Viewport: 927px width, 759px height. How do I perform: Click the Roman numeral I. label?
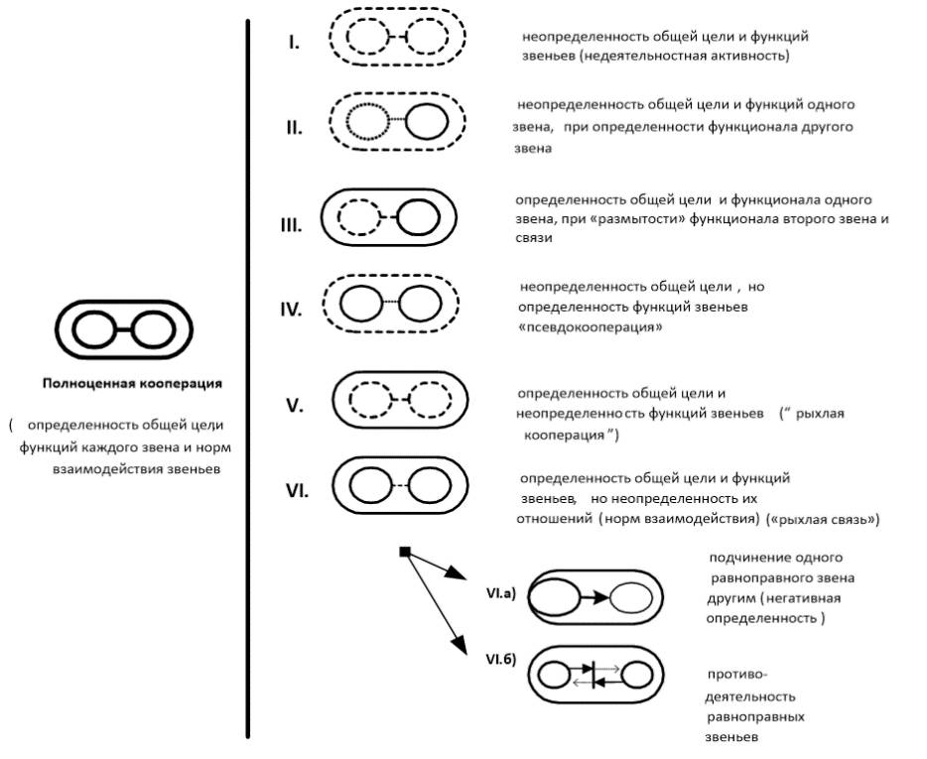[x=296, y=44]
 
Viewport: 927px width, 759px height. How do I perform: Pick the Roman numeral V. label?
[x=295, y=406]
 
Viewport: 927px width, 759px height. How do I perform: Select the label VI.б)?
[x=501, y=658]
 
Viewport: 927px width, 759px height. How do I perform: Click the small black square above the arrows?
[x=404, y=552]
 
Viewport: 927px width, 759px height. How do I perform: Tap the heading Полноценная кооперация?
[x=132, y=383]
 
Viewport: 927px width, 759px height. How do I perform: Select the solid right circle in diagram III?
[x=418, y=218]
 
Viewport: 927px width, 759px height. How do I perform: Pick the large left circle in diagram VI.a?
[x=554, y=598]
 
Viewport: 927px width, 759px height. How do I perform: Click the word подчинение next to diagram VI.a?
[x=748, y=558]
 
